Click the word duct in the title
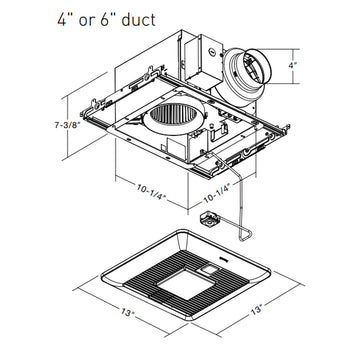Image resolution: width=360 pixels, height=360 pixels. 138,20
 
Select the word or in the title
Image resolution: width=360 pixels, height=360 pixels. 85,22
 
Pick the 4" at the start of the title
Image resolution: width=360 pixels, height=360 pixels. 64,20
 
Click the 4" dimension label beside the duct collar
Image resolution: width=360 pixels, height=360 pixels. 292,66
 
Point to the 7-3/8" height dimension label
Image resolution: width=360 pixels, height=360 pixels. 67,125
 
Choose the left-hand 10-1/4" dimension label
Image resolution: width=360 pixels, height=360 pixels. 151,192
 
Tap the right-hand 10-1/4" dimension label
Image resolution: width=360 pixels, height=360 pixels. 217,194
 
